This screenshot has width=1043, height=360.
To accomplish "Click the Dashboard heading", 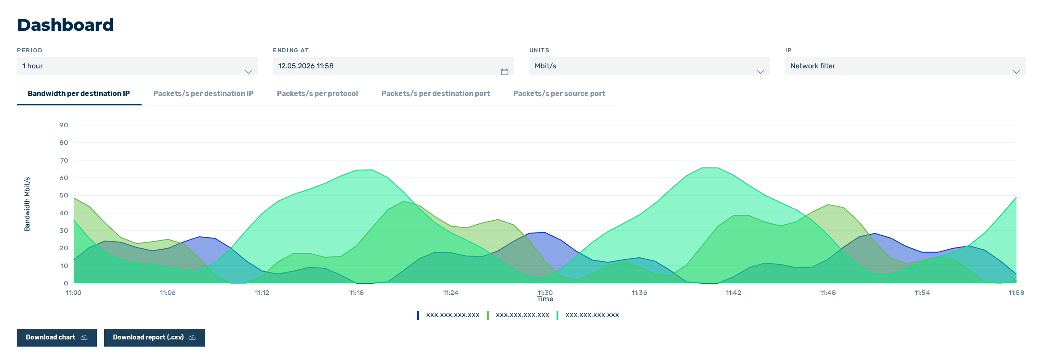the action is point(65,25).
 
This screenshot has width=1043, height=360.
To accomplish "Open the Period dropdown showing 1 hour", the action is point(137,66).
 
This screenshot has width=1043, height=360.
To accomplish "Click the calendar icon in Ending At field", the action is point(505,71).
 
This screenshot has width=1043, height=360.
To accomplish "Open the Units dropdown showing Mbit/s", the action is point(649,66).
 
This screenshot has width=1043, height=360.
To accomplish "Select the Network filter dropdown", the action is point(905,66).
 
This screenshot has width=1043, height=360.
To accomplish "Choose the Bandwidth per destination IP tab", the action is point(79,93).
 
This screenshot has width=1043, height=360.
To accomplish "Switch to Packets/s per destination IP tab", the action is point(203,93).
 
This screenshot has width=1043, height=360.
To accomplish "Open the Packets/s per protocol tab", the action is point(317,93).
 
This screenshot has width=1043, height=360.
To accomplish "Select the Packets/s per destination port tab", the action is point(436,93).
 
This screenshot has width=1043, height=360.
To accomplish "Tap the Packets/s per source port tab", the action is point(559,93).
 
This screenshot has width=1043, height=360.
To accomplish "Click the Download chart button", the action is point(57,338).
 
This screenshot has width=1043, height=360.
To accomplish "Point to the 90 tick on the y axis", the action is point(64,125).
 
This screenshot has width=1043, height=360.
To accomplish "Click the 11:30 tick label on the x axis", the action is point(545,293).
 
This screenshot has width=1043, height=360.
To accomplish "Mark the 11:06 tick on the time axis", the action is point(168,293).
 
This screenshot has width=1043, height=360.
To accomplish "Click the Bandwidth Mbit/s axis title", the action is point(27,204).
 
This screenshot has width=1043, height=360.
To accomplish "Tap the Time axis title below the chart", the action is point(545,299).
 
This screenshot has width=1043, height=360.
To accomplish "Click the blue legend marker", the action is point(418,315).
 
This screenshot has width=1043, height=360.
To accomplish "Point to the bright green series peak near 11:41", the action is point(710,167).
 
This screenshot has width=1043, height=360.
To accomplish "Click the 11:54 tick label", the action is point(922,293).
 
